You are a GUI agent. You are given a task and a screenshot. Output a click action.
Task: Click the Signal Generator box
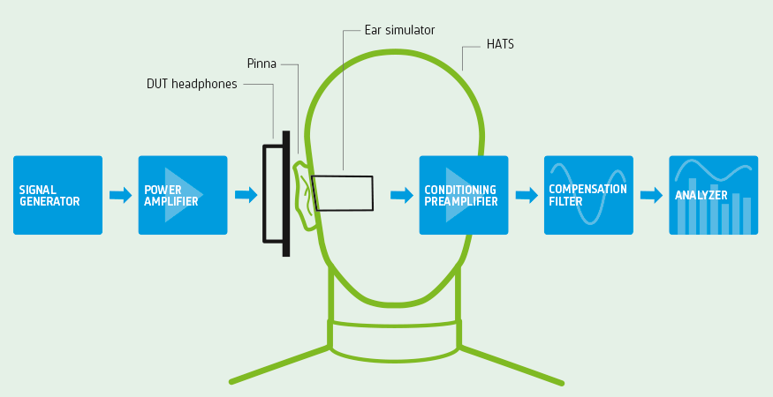(x=57, y=195)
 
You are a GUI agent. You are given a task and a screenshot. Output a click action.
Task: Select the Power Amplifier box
(x=183, y=195)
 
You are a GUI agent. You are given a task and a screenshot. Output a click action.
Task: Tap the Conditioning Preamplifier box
(x=464, y=195)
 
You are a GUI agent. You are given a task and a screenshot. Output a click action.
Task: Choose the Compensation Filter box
(x=588, y=195)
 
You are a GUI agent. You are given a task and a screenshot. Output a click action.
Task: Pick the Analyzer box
(x=713, y=195)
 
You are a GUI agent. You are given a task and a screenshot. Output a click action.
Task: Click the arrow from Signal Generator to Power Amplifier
(x=120, y=195)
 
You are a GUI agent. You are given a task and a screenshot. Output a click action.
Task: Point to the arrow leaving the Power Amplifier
(x=246, y=195)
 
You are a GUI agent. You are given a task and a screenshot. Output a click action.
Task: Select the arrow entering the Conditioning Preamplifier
(x=402, y=195)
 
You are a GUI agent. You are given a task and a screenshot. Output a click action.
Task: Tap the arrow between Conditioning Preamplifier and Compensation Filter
(x=527, y=195)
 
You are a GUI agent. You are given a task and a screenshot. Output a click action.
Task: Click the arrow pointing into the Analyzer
(x=651, y=195)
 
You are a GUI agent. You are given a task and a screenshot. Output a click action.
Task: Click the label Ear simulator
(x=399, y=30)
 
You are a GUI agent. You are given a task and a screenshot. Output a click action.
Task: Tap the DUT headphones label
(x=192, y=85)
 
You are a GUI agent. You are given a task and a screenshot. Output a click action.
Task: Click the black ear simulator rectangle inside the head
(x=343, y=193)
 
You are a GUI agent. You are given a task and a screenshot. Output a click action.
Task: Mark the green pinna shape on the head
(x=305, y=195)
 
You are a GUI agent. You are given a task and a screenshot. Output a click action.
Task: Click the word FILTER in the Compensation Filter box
(x=565, y=202)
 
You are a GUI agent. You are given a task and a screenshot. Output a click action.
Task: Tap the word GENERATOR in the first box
(x=49, y=202)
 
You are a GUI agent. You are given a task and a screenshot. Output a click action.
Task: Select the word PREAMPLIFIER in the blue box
(x=461, y=202)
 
